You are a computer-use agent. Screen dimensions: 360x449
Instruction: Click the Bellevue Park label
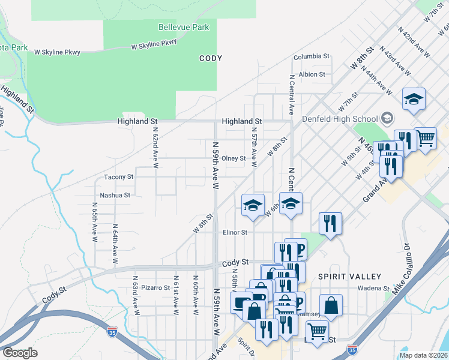click(184, 27)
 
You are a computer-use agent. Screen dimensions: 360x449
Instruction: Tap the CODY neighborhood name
click(211, 59)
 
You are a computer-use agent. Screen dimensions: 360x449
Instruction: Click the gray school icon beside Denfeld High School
click(387, 118)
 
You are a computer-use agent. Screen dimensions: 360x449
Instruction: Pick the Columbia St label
click(312, 56)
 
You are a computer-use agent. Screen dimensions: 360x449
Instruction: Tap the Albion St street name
click(312, 75)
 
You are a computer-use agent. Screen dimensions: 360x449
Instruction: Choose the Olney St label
click(234, 159)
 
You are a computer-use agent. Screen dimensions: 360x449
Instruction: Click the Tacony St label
click(118, 177)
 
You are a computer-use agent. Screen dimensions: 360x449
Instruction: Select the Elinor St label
click(235, 232)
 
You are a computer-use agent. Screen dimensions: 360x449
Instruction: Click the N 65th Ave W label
click(95, 222)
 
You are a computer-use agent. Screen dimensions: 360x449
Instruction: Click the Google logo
click(20, 353)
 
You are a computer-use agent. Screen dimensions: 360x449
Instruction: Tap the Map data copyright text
click(423, 355)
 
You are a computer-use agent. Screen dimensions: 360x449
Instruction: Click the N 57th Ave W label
click(255, 148)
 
